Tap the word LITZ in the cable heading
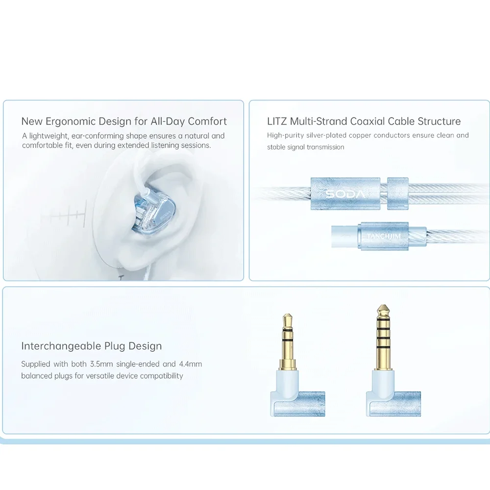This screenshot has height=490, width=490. pos(277,121)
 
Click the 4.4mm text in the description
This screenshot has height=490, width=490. pos(190,364)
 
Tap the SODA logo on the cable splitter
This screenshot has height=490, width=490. pos(345,195)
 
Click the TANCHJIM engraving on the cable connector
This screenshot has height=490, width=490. pos(384,236)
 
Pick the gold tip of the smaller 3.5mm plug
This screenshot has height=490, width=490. pos(288,320)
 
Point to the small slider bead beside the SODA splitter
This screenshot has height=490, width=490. pos(398,194)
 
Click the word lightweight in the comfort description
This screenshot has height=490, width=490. pos(49,136)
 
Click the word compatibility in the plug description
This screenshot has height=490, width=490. pos(161,376)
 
